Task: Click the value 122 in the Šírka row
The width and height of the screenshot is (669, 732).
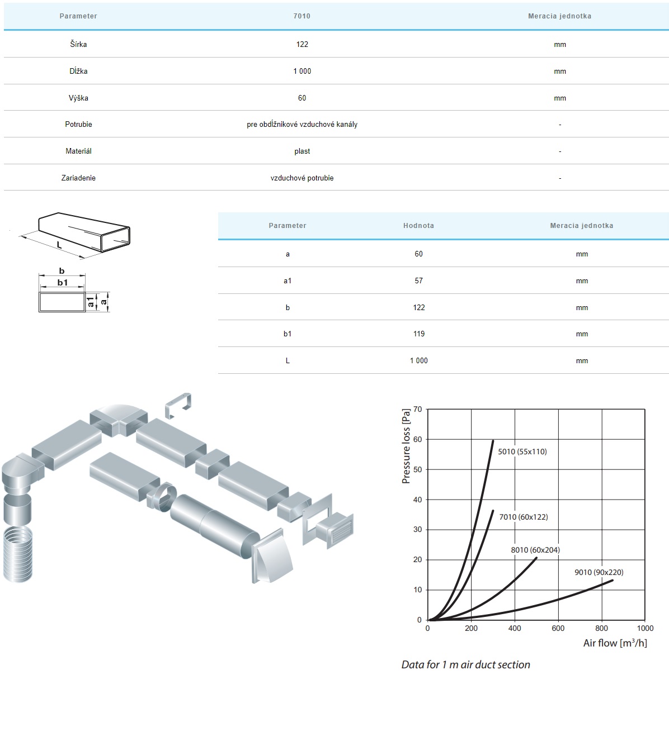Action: tap(302, 44)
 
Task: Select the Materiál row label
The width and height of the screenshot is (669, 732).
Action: tap(78, 151)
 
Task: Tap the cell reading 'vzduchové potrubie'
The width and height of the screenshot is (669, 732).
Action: tap(302, 178)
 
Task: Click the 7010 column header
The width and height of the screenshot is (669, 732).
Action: tap(302, 16)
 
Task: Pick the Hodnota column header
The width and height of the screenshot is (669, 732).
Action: tap(418, 226)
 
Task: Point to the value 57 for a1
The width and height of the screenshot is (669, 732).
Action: tap(418, 281)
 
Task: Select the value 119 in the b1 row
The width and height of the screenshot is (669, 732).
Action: tap(418, 334)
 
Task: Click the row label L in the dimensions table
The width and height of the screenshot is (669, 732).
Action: tap(288, 360)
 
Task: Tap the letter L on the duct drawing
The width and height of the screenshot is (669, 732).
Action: tap(59, 245)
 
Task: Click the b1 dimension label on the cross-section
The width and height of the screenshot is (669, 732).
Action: tap(63, 282)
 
